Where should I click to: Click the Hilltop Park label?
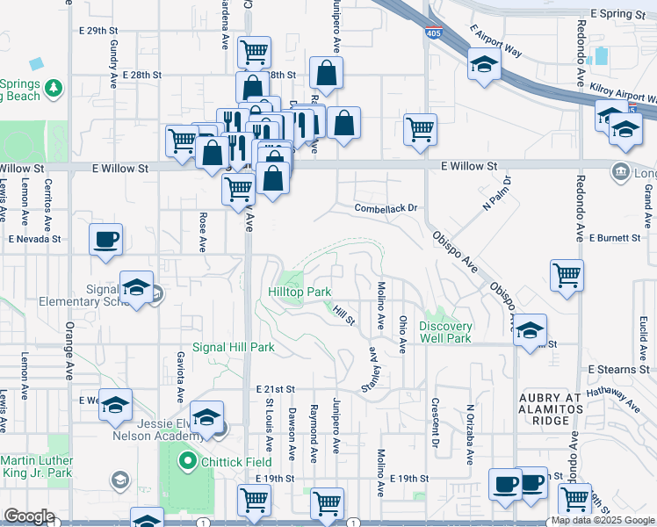[300, 292]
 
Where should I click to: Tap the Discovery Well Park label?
[445, 332]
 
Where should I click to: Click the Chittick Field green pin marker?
[186, 459]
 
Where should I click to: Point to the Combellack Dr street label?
[384, 208]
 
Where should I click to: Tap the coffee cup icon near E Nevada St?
[106, 240]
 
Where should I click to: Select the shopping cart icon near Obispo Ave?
[567, 275]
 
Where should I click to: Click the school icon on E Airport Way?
[483, 65]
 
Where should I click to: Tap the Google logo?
[29, 516]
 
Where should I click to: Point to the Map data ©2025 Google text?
[603, 521]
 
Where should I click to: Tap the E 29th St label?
[97, 31]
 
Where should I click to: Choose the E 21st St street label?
[275, 388]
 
